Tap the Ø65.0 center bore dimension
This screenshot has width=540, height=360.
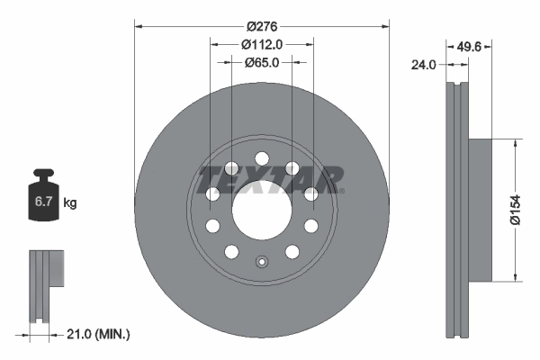point(262,62)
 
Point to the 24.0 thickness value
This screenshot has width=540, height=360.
point(423,64)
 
